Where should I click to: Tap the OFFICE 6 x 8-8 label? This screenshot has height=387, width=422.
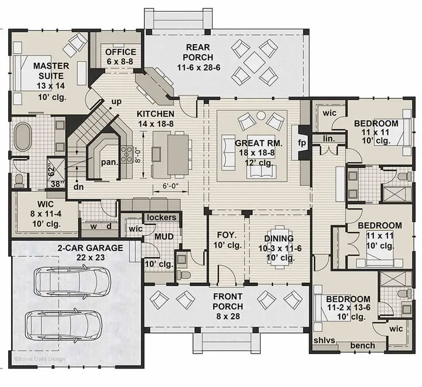(121, 56)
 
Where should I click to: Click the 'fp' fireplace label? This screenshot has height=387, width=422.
(302, 143)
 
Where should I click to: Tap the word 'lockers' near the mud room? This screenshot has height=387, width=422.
(161, 217)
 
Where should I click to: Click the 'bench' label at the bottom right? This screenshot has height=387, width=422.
(362, 346)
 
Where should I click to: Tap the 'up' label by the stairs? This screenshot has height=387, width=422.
(116, 102)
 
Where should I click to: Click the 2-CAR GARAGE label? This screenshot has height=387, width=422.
(90, 252)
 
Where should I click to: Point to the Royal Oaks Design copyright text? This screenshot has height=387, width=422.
(40, 359)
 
